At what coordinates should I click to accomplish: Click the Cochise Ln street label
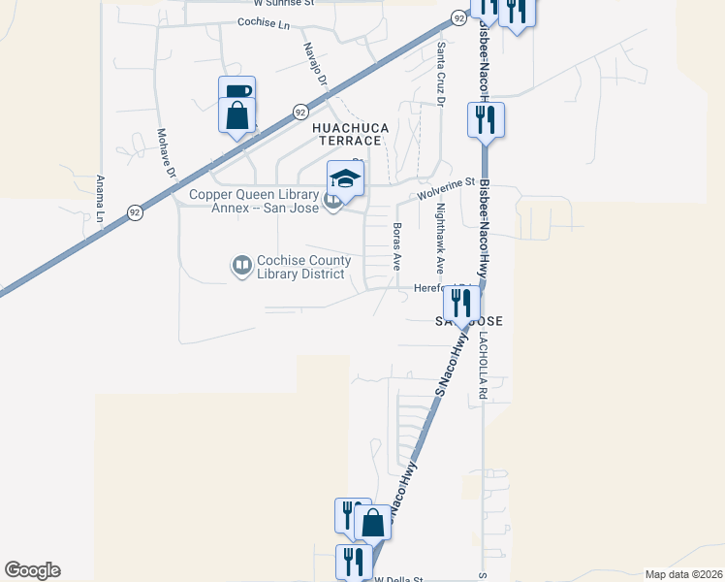coord(263,21)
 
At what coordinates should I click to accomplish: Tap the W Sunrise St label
coord(256,3)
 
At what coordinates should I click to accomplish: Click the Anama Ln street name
coord(101,198)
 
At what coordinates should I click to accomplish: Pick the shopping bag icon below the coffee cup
coord(236,116)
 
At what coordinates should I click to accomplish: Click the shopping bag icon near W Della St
coord(372,524)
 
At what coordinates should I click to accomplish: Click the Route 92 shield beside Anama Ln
coord(133,210)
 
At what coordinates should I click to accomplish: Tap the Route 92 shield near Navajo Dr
coord(301,112)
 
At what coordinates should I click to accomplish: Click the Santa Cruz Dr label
coord(441,73)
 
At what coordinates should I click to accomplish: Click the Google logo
coord(32,570)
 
